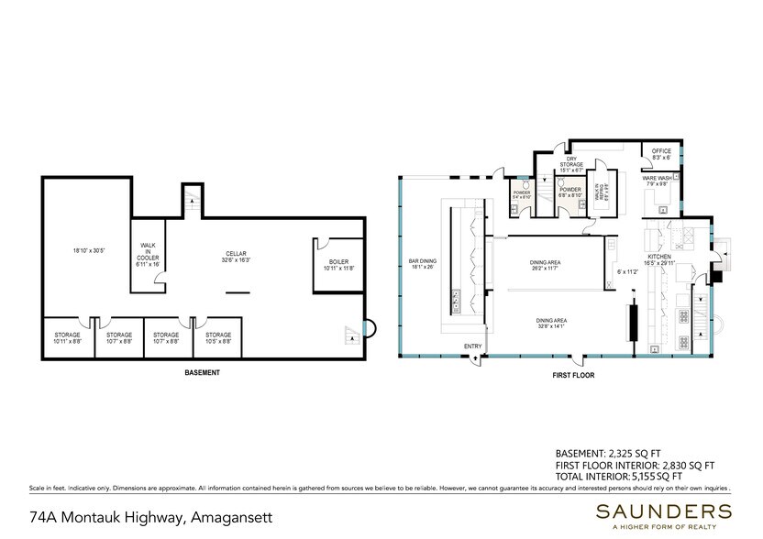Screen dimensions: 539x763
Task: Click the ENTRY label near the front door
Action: pos(473,346)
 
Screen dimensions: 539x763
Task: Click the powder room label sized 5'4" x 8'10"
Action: pos(521,193)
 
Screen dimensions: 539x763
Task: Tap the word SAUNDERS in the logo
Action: pos(662,511)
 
